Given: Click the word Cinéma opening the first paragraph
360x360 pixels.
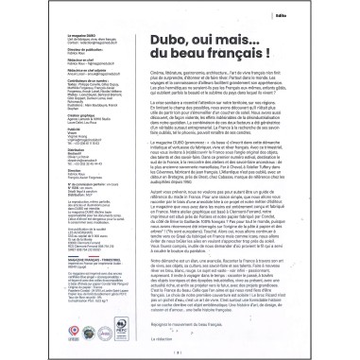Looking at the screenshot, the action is click(x=157, y=87).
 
